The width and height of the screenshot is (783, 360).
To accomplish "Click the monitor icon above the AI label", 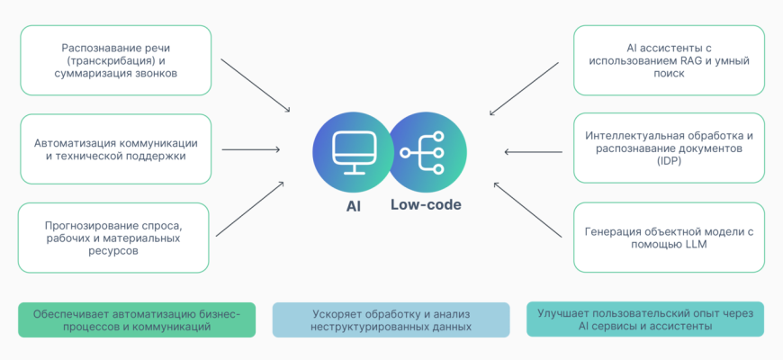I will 351,149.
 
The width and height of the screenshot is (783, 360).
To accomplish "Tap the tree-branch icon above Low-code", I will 428,149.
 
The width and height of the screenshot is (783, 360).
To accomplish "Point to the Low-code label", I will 426,205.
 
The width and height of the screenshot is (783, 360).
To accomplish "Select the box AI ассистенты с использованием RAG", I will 668,60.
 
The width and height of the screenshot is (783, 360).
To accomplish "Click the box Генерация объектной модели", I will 668,238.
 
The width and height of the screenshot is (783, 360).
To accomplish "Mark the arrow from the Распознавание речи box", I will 255,86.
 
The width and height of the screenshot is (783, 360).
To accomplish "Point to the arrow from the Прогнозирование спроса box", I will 251,208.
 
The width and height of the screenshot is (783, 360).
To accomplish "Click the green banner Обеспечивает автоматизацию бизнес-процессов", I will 137,319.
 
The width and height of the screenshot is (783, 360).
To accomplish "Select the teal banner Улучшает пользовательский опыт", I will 644,319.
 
